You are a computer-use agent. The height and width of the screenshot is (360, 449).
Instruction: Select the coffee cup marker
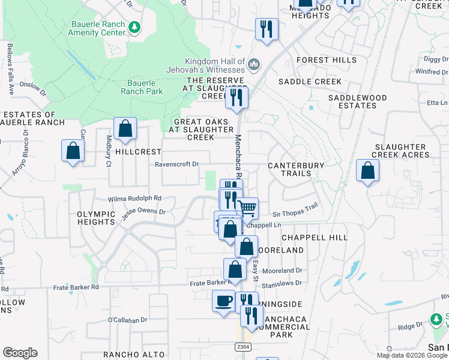coord(223,300)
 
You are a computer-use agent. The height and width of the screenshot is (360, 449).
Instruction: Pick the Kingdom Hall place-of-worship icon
coord(254,64)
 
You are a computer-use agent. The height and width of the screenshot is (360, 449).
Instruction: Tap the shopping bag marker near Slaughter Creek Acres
coord(367,170)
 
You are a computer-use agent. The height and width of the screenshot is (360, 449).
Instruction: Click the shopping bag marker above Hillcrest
coord(125,128)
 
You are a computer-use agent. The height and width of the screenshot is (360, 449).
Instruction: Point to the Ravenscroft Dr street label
coord(176,164)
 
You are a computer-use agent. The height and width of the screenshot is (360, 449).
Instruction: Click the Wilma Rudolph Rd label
coord(135,198)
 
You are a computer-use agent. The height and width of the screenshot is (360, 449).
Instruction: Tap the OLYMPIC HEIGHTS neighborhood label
coord(96,218)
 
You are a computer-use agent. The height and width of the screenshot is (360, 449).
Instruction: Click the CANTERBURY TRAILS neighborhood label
coord(296,169)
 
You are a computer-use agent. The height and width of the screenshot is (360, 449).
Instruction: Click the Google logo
coord(20,353)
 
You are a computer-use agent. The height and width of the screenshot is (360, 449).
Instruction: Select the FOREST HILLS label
coord(321,60)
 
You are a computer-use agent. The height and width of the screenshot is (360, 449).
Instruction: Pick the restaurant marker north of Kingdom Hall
coord(267,29)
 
